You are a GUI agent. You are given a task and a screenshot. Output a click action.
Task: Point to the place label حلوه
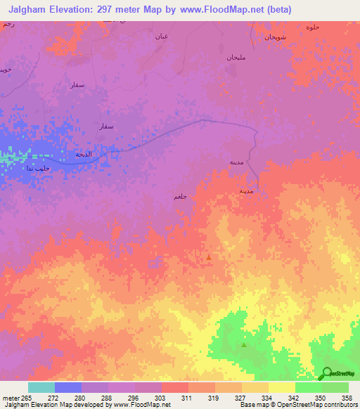[312, 27]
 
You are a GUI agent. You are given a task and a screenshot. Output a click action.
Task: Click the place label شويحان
[274, 37]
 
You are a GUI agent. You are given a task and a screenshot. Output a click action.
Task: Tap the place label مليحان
[235, 57]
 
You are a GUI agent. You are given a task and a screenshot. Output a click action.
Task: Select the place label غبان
[161, 35]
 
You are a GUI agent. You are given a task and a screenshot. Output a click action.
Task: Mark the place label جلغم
[180, 197]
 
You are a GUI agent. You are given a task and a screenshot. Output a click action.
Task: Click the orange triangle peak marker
[209, 257]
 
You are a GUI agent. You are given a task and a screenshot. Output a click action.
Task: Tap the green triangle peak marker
[244, 344]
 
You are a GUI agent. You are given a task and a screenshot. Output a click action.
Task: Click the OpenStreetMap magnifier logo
[326, 373]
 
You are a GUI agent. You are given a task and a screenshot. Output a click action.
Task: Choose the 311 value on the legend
[188, 398]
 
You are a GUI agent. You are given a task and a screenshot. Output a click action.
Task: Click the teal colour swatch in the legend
[41, 387]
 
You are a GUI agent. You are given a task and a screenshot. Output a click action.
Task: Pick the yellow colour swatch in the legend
[281, 387]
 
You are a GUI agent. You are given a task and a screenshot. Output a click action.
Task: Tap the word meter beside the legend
[9, 398]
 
